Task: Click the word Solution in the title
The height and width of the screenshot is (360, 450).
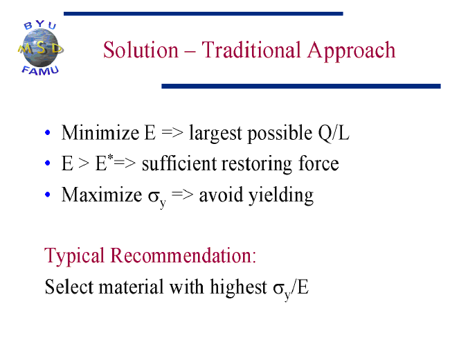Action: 141,50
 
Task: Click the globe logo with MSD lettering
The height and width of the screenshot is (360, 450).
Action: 40,48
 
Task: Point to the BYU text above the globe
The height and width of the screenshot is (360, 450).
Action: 40,25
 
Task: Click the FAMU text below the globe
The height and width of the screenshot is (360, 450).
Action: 40,71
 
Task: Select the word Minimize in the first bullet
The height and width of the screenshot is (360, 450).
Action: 100,133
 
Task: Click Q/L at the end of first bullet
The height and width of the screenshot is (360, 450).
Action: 334,133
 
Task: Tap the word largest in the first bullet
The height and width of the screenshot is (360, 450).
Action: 215,134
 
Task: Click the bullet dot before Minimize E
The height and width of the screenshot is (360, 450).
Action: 48,133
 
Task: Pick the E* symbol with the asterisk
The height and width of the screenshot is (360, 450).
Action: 104,163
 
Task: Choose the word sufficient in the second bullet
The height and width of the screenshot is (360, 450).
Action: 179,163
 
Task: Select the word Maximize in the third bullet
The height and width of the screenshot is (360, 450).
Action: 102,195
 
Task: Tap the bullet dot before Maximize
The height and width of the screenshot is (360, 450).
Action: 48,195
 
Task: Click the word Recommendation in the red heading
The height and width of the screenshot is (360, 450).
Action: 183,255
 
